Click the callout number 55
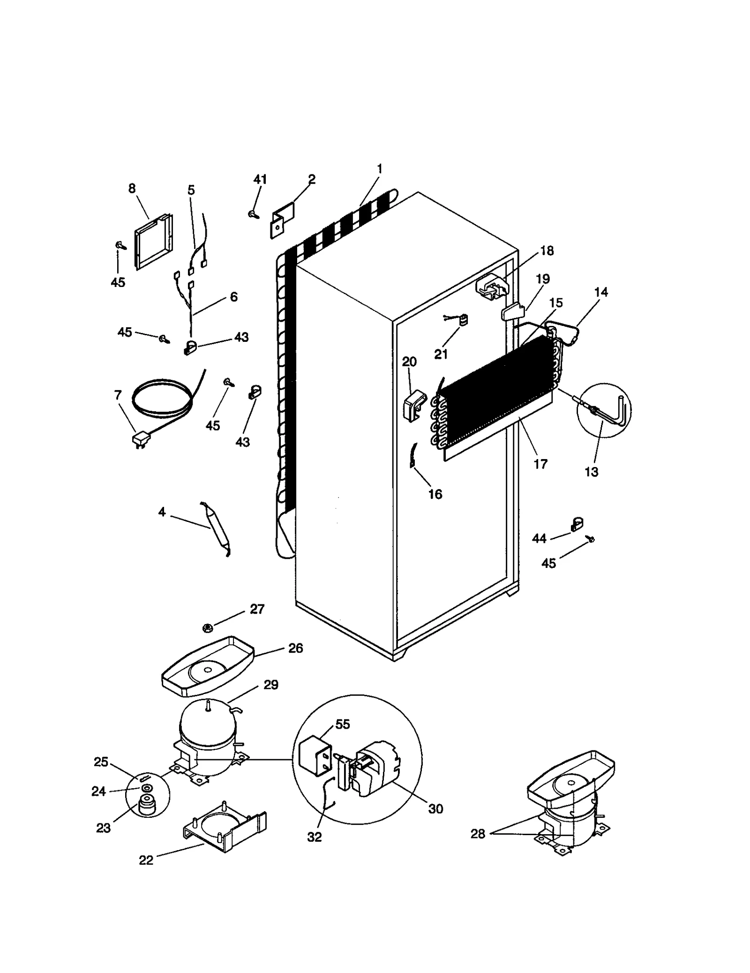pos(343,724)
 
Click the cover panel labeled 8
pos(153,241)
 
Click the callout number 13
pos(592,472)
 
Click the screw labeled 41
pos(254,214)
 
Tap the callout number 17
pos(540,464)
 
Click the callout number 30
pos(435,808)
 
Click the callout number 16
pos(435,494)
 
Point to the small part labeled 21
pos(463,320)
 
